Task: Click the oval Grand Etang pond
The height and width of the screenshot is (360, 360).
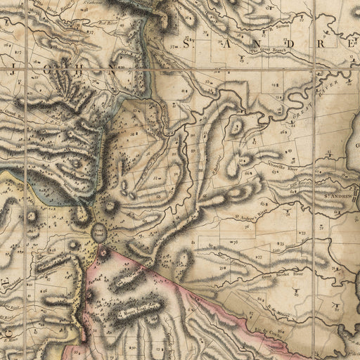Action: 100,231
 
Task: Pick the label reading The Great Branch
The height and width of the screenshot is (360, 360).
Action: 268,51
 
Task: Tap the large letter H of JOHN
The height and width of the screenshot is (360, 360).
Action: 78,71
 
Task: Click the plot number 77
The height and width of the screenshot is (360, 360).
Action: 259,258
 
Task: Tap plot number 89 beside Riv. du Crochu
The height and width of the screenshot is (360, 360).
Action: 281,329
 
